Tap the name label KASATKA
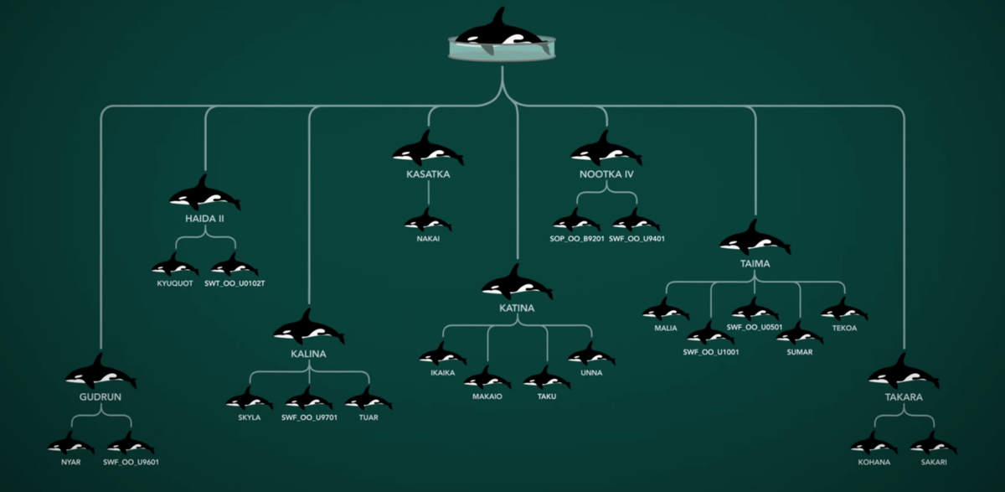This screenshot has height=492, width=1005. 428,175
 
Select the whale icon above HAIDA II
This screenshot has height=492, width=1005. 204,195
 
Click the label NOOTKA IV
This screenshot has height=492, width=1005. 606,175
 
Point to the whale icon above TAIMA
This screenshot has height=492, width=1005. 755,240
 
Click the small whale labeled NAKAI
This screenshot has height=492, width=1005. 428,222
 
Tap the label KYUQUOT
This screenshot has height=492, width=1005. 175,283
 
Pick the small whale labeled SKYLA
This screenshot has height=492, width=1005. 250,399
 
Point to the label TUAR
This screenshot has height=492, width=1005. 368,417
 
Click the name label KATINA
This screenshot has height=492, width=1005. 517,308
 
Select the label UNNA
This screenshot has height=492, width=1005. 590,373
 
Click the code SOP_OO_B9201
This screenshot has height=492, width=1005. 577,238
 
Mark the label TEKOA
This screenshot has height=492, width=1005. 843,328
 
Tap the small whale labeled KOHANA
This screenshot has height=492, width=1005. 874,443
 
